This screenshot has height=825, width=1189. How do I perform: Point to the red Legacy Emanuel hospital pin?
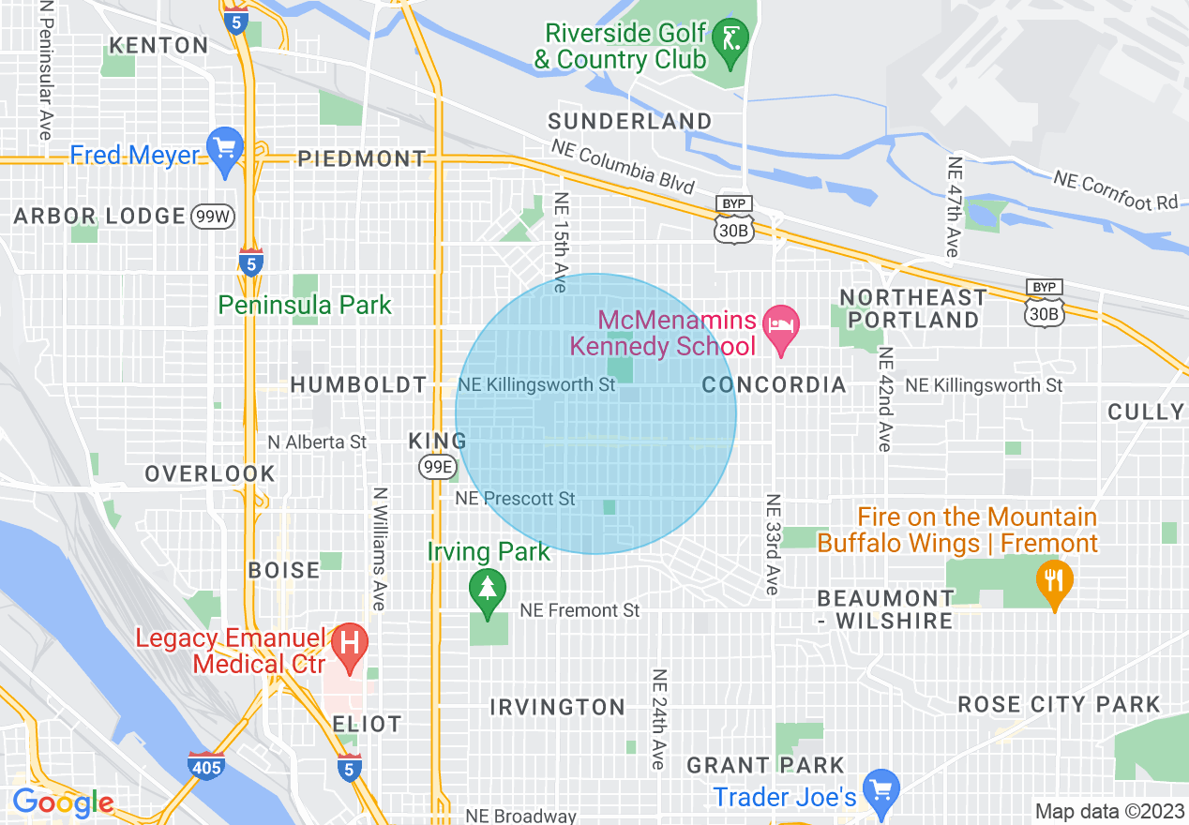point(350,644)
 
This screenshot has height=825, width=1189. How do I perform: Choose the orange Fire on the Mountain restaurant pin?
point(1055,579)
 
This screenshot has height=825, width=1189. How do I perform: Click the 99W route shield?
point(211,217)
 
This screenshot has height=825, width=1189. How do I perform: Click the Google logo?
point(63,802)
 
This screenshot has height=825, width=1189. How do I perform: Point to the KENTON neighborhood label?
point(159,45)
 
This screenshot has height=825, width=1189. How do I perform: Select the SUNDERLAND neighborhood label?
point(630,121)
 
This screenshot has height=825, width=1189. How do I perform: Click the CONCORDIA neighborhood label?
point(774,385)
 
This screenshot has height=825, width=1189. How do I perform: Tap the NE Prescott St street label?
point(516,499)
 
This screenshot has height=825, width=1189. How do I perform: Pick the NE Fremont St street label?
point(579,610)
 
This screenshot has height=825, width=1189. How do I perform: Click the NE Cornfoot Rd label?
point(1115,190)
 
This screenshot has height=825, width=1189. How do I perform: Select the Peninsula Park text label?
point(305,305)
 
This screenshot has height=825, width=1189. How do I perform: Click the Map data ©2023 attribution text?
point(1107,811)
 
